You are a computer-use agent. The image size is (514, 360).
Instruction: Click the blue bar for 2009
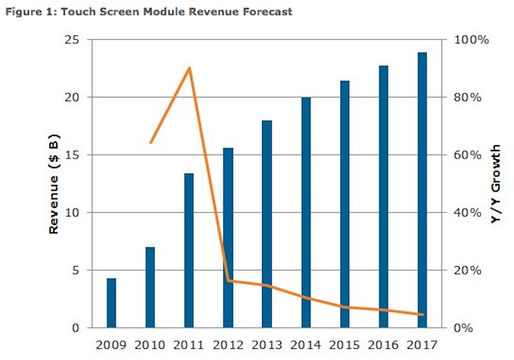[111, 303]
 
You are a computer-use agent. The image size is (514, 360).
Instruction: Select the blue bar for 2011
[189, 251]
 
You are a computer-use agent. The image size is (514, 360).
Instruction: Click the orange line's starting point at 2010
[150, 142]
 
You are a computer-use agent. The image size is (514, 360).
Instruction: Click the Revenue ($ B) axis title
[54, 184]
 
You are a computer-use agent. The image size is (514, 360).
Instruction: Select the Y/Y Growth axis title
[496, 184]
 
